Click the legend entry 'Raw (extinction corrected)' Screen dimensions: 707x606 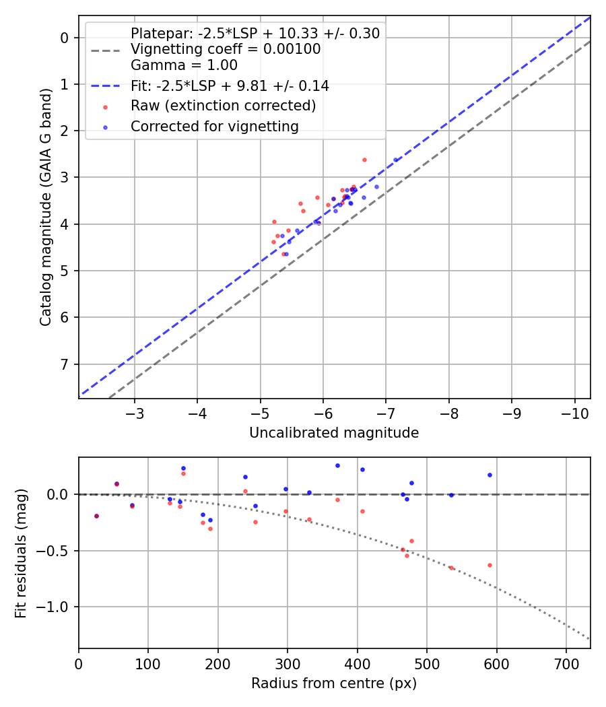223,106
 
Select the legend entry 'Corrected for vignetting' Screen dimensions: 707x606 214,126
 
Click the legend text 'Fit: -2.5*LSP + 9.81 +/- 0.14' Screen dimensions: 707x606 230,86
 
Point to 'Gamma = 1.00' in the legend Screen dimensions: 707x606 184,65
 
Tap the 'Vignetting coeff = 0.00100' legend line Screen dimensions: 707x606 226,49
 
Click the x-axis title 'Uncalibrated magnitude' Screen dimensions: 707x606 334,433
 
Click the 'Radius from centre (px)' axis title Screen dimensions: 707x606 334,683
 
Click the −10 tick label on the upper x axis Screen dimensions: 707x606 574,411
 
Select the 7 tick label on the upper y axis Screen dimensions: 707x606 65,364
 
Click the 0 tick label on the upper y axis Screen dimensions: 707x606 65,38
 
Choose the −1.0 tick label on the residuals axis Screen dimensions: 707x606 57,607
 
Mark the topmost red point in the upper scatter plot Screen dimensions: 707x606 364,160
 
